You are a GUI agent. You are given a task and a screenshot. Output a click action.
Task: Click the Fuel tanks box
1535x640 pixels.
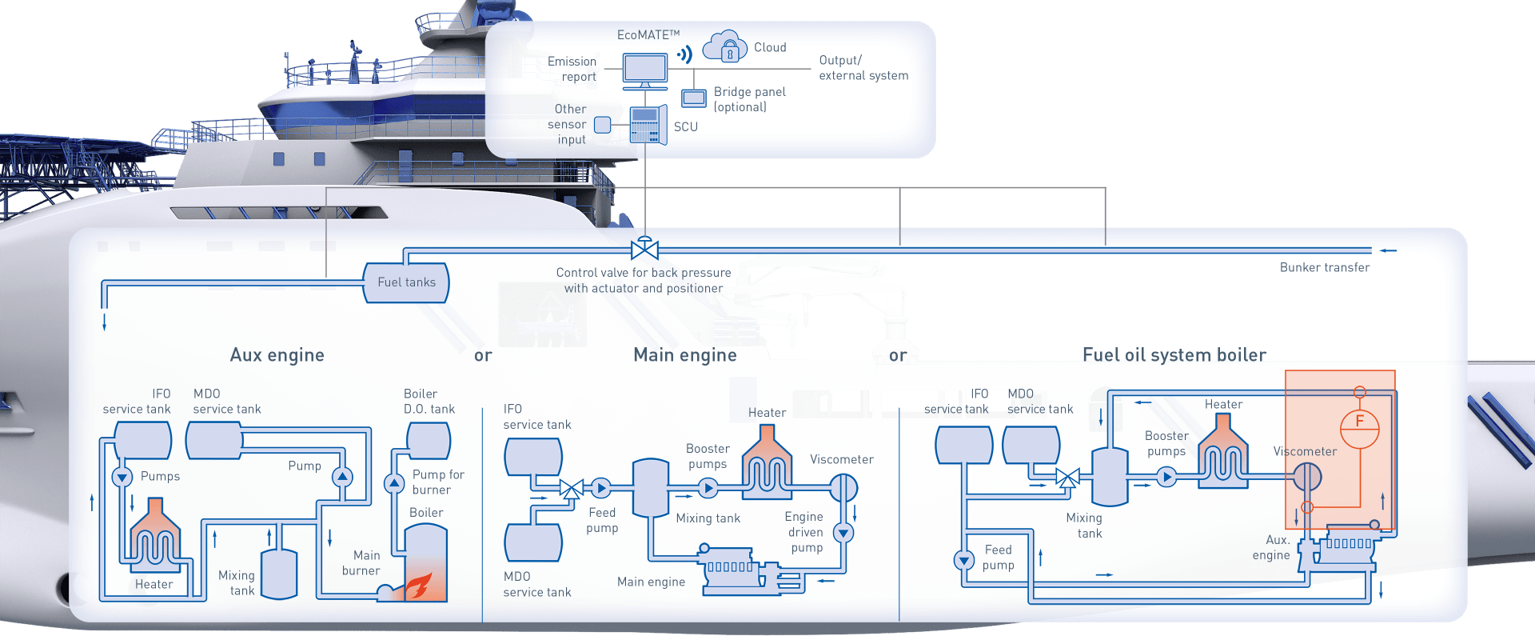pyautogui.click(x=406, y=282)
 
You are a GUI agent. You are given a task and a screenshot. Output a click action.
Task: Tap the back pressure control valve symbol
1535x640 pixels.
pyautogui.click(x=644, y=249)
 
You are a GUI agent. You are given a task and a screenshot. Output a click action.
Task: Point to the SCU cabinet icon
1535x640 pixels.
pyautogui.click(x=647, y=126)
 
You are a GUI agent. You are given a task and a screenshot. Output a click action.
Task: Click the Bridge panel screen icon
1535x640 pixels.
pyautogui.click(x=693, y=98)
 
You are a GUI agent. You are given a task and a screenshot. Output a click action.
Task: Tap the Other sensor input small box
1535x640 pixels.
pyautogui.click(x=603, y=124)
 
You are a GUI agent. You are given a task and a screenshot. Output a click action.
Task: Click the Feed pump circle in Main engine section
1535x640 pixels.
pyautogui.click(x=601, y=487)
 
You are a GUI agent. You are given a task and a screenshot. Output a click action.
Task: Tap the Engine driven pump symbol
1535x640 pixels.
pyautogui.click(x=843, y=532)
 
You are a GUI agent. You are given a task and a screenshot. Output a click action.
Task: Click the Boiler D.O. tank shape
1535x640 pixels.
pyautogui.click(x=429, y=440)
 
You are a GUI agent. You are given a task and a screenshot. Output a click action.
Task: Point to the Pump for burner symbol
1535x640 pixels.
pyautogui.click(x=394, y=483)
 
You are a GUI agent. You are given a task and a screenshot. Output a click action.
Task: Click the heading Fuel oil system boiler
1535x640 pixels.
pyautogui.click(x=1174, y=355)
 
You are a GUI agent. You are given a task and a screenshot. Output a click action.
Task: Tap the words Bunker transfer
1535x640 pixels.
pyautogui.click(x=1324, y=267)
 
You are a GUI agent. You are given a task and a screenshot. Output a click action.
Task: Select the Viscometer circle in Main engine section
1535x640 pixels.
pyautogui.click(x=843, y=486)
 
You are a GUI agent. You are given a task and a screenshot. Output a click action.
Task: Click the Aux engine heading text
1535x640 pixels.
pyautogui.click(x=277, y=355)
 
